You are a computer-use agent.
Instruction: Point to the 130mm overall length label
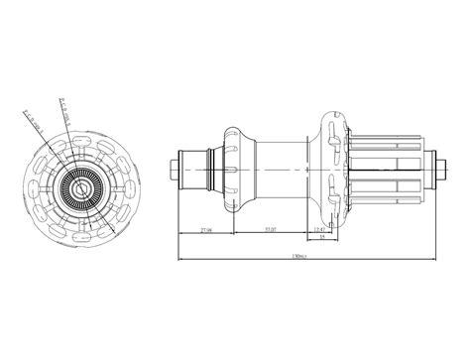(x=297, y=257)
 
